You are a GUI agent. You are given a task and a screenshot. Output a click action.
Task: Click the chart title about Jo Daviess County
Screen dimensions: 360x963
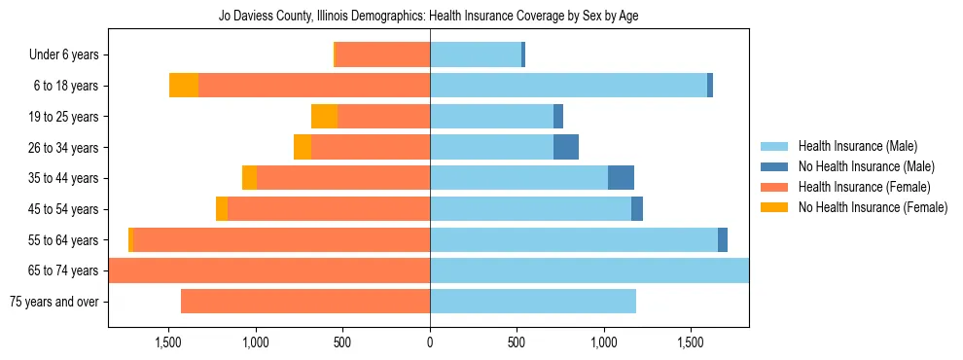(x=429, y=17)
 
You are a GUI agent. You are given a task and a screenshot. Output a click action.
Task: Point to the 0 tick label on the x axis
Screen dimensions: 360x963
(x=430, y=343)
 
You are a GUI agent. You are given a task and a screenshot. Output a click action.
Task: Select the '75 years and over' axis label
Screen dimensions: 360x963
(x=53, y=302)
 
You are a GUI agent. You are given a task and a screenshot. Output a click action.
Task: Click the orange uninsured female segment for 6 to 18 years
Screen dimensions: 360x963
(x=184, y=86)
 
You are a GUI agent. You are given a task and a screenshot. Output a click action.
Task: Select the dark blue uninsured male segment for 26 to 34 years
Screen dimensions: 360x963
(x=566, y=147)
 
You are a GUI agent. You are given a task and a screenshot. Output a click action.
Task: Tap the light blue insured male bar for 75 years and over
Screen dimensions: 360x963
(x=533, y=302)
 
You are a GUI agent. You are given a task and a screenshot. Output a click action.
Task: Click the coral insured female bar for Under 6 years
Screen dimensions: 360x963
(x=382, y=54)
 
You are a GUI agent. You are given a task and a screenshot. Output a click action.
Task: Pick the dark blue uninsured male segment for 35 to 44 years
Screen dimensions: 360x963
(x=621, y=178)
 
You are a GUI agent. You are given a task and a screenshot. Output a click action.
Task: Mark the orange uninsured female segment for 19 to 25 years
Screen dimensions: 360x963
(x=324, y=117)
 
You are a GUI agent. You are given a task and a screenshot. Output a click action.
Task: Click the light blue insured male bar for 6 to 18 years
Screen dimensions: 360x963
(x=568, y=86)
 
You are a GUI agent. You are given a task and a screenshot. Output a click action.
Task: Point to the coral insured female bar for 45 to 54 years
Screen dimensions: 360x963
(x=329, y=209)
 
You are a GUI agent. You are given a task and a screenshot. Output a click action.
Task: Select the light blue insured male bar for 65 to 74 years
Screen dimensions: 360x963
(x=589, y=270)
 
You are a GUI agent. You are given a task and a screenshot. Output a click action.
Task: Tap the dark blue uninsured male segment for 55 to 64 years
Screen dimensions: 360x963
(x=723, y=240)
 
